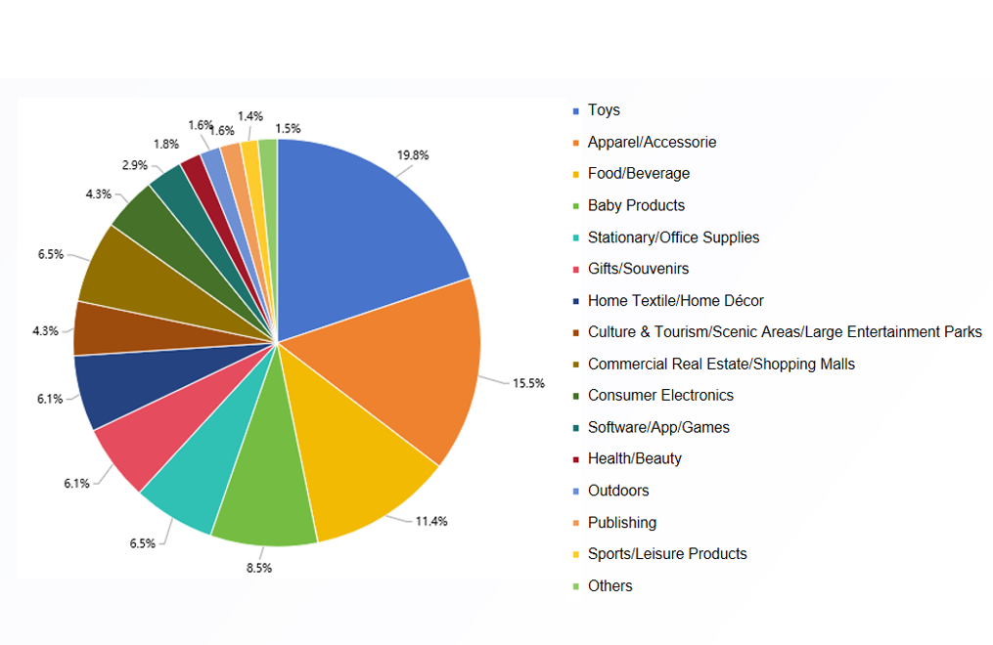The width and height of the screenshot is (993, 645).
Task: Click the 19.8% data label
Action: pos(413,154)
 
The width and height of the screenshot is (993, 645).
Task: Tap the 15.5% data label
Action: pos(528,383)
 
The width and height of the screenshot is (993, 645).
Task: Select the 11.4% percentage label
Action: pos(431,521)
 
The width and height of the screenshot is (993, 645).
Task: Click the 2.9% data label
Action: pos(135,164)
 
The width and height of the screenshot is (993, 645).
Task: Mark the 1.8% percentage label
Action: pos(165,144)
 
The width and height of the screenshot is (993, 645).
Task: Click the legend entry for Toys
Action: pos(604,110)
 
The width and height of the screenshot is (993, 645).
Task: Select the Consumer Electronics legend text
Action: pos(660,396)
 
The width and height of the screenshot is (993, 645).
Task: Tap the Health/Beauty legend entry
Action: pos(635,459)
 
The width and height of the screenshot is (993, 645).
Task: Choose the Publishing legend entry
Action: pos(622,523)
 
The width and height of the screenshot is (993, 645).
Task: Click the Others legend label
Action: pos(609,586)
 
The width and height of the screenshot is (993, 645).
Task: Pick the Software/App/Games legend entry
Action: pos(658,427)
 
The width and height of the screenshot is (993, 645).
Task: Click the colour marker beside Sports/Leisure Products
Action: pos(576,555)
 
